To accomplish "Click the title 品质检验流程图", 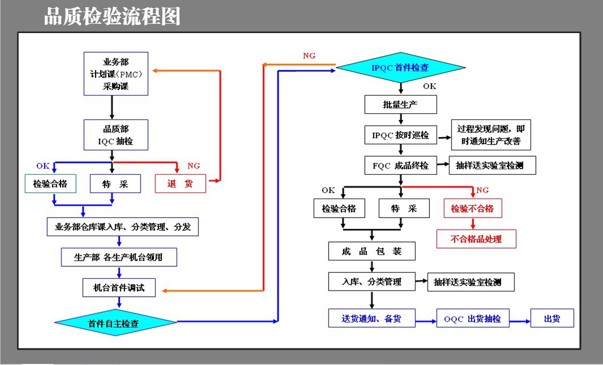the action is pyautogui.click(x=112, y=17).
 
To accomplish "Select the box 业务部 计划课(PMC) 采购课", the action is pyautogui.click(x=116, y=74).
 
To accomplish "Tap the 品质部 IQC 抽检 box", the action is pyautogui.click(x=116, y=135).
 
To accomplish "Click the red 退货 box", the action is pyautogui.click(x=180, y=184).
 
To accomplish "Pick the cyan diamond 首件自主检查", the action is pyautogui.click(x=115, y=323).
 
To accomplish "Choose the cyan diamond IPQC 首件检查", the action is pyautogui.click(x=401, y=68).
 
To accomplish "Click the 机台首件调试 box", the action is pyautogui.click(x=119, y=287).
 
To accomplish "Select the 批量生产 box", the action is pyautogui.click(x=401, y=104).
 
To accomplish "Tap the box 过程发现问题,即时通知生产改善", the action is pyautogui.click(x=491, y=135).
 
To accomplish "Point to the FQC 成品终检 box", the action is pyautogui.click(x=401, y=165).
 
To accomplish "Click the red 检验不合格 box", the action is pyautogui.click(x=473, y=208).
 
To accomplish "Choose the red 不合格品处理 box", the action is pyautogui.click(x=476, y=239).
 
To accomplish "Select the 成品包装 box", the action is pyautogui.click(x=372, y=251).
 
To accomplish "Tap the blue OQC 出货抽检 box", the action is pyautogui.click(x=473, y=318).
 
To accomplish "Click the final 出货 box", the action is pyautogui.click(x=552, y=318).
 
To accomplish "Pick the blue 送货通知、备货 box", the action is pyautogui.click(x=372, y=318).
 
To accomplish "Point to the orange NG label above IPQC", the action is pyautogui.click(x=309, y=56).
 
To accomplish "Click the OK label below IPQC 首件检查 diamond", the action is pyautogui.click(x=429, y=86).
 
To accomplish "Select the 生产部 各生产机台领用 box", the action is pyautogui.click(x=119, y=257).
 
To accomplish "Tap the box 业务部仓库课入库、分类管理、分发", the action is pyautogui.click(x=122, y=226).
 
